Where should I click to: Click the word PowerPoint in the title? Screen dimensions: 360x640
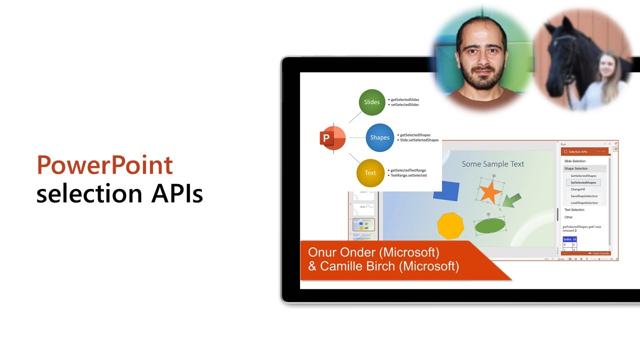(104, 165)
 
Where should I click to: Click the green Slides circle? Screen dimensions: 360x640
(372, 102)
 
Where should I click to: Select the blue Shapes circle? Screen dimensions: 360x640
(379, 137)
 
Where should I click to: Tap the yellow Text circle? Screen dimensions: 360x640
(370, 173)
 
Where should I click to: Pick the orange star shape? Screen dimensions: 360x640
(489, 192)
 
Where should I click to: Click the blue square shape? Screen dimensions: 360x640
(446, 191)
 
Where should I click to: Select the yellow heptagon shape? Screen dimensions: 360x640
(450, 226)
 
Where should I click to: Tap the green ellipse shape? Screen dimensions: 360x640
(490, 226)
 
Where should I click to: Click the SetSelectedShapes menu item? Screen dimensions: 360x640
(583, 182)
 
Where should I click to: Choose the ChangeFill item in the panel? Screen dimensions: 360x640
(577, 189)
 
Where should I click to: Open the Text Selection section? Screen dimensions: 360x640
(574, 210)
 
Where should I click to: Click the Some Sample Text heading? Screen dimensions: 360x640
(492, 164)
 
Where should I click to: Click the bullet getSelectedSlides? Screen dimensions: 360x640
(404, 99)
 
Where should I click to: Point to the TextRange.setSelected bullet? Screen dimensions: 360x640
(408, 175)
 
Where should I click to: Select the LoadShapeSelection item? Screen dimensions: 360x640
(584, 203)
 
